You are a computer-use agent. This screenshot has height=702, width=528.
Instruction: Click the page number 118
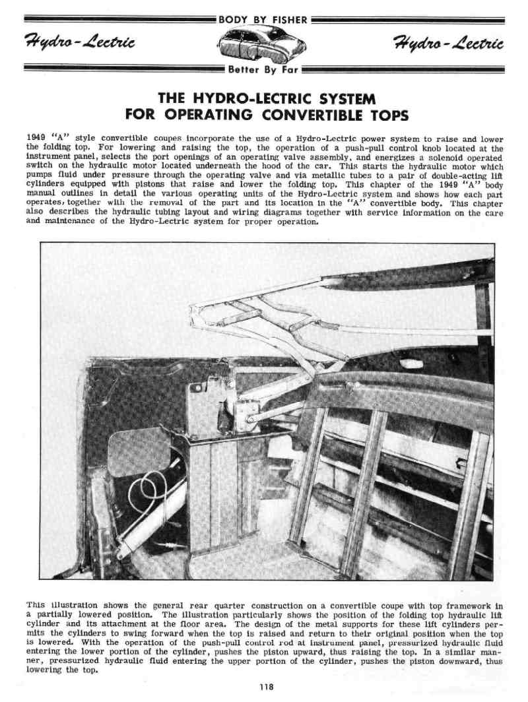tap(265, 687)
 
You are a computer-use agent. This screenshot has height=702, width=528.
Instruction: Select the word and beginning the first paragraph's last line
tap(34, 222)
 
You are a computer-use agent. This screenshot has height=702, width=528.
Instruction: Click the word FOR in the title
tap(141, 115)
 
